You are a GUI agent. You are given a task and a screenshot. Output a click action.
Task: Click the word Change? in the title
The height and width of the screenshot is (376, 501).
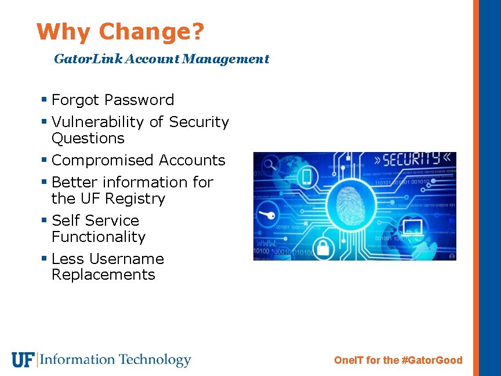point(151,32)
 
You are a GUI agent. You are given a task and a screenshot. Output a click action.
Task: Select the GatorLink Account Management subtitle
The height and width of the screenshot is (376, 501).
point(161,59)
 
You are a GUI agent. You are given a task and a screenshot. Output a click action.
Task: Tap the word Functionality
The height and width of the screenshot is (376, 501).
point(99,237)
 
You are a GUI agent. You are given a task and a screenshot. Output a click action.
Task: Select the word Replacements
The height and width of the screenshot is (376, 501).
point(103,275)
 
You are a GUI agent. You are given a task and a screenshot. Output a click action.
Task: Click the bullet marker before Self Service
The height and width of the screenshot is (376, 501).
point(44,221)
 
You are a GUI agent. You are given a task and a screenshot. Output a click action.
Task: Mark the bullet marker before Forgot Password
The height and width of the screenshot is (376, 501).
point(44,100)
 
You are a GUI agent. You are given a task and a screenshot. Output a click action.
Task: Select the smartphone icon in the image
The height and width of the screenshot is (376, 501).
point(307,176)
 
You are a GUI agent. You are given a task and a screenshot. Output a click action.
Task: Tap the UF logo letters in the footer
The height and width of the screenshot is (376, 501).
point(23,360)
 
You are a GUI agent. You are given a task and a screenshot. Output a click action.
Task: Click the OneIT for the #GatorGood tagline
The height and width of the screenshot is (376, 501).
point(398,360)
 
